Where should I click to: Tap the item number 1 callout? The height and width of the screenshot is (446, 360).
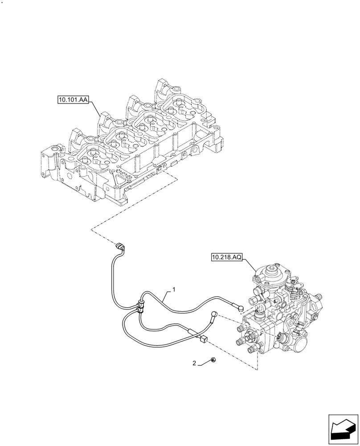[x=174, y=289]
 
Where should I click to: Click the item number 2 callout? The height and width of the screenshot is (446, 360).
[x=194, y=363]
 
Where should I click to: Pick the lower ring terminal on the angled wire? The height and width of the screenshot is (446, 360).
[x=215, y=314]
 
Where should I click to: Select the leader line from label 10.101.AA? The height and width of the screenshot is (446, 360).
[x=95, y=109]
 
